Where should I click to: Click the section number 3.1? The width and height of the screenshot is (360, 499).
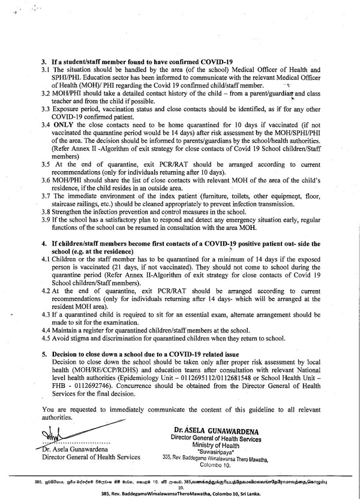click(44, 70)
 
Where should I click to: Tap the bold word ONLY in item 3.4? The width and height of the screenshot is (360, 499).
click(62, 124)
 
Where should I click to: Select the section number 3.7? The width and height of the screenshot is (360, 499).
click(45, 196)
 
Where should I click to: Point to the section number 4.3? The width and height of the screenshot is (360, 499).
click(45, 314)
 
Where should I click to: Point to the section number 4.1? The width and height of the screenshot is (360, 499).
click(45, 258)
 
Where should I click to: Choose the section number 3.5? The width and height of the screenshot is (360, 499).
click(45, 163)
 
